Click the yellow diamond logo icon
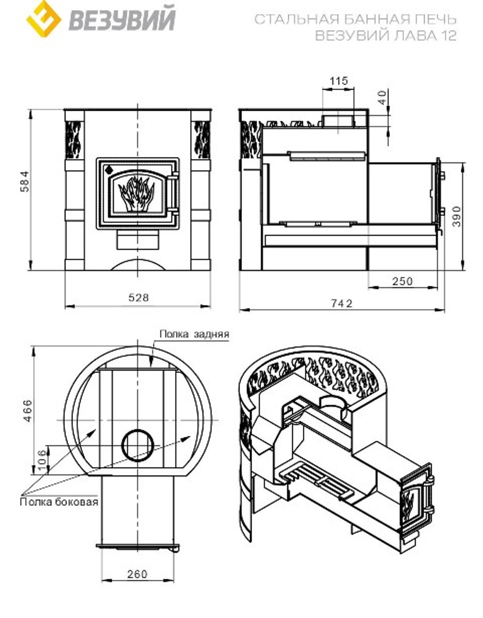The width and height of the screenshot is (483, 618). click(x=43, y=19)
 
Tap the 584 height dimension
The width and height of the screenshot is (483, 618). click(x=25, y=182)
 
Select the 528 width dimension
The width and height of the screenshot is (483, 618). click(x=139, y=298)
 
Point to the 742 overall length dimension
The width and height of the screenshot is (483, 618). click(x=341, y=303)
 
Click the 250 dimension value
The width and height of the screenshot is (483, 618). click(x=402, y=281)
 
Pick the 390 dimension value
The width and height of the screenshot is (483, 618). click(x=456, y=217)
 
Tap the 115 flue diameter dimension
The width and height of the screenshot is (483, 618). click(x=339, y=81)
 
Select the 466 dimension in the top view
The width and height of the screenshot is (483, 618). click(x=28, y=411)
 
